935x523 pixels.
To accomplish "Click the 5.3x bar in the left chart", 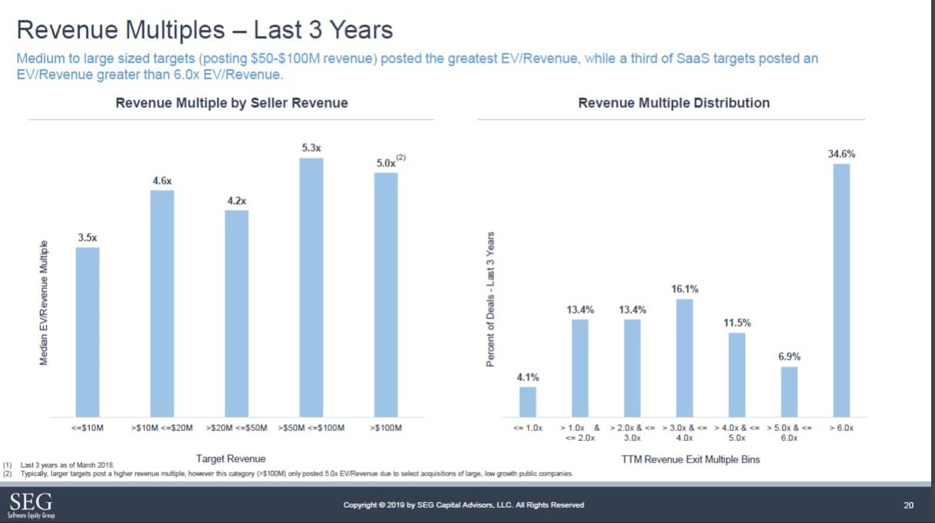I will pos(311,286).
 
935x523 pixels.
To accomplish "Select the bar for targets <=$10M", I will pos(87,331).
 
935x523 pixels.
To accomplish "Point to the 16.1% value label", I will pos(685,289).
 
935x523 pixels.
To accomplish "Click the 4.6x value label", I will pos(162,179).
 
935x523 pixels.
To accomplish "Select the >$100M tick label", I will pos(386,427).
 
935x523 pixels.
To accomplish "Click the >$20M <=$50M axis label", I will pos(237,427).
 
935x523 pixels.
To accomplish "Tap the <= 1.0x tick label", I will pos(528,427).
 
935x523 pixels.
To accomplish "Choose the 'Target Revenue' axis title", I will pos(231,459).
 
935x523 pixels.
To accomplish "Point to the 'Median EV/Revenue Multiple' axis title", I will pos(44,302).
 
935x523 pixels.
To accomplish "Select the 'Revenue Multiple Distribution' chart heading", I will pos(673,103).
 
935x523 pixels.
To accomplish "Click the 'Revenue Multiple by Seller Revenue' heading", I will pos(232,103).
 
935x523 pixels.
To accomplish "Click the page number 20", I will pos(909,505).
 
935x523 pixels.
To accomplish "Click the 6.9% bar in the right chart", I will pos(789,390).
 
